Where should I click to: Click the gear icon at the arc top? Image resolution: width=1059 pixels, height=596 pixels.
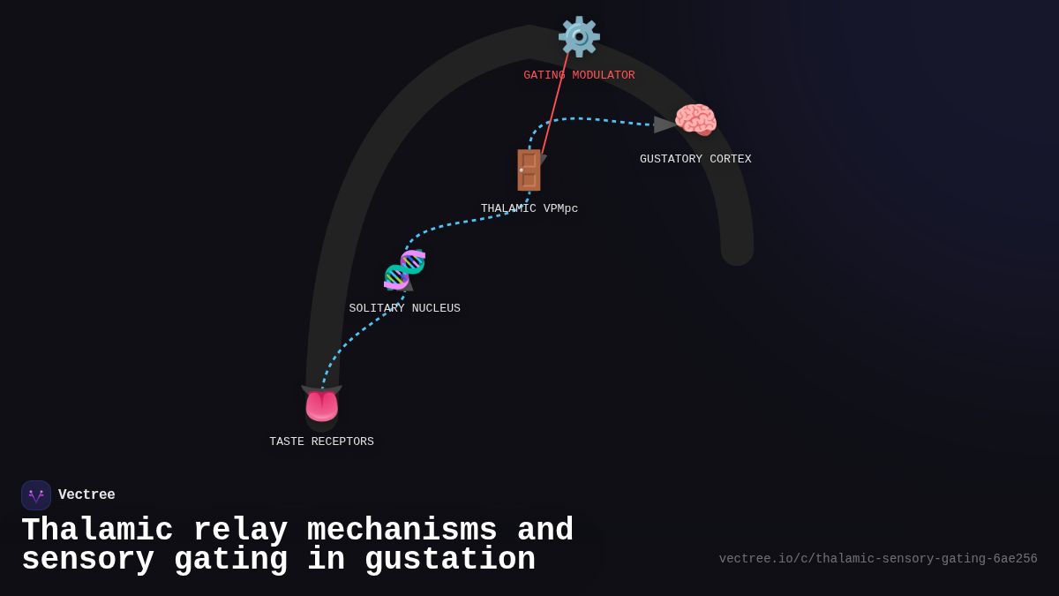579,37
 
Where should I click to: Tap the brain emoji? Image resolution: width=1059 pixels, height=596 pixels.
695,120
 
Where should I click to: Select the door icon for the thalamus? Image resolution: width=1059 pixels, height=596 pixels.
529,170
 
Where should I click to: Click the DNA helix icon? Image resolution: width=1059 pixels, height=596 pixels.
404,270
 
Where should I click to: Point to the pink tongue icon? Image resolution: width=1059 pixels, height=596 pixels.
321,406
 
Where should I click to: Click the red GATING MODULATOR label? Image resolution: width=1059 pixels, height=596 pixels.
579,76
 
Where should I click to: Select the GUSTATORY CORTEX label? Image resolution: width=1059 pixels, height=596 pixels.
695,160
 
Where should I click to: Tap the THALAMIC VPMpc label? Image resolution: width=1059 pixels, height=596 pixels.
529,209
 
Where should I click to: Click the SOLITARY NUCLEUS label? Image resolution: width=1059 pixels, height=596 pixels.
404,309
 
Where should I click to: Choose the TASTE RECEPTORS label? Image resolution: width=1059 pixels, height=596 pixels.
321,442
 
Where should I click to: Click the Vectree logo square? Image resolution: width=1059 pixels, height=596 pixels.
36,495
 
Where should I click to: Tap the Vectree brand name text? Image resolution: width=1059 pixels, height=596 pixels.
86,495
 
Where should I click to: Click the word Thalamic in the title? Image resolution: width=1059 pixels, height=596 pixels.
97,531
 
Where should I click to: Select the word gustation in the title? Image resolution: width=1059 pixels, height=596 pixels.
449,560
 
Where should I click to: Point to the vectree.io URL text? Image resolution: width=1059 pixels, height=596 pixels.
877,559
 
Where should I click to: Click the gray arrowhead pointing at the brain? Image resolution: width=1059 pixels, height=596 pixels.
665,124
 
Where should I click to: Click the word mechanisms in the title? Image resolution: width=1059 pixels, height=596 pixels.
402,531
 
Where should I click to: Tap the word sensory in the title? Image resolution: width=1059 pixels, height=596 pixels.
87,560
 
